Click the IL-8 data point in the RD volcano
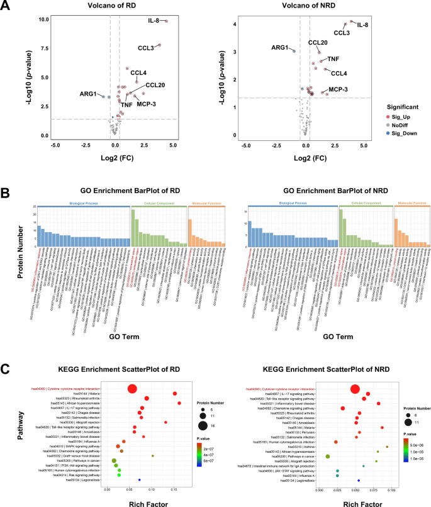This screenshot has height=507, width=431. (x=167, y=21)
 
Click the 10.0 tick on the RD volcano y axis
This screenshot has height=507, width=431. (x=25, y=19)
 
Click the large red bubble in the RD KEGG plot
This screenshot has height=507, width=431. (x=132, y=389)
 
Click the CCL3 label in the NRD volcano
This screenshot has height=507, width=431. (x=342, y=33)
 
